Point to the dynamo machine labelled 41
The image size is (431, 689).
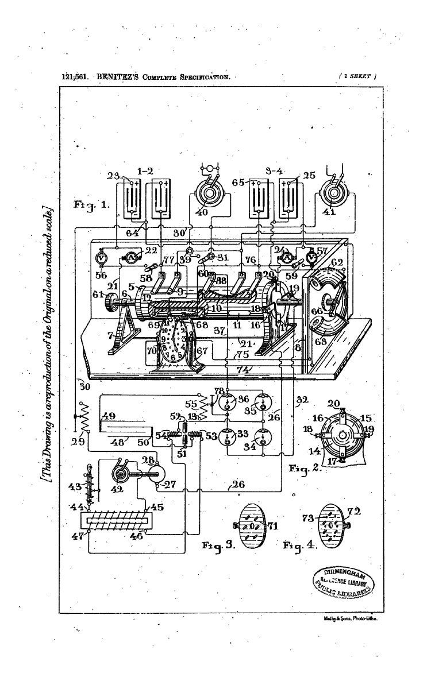tap(334, 193)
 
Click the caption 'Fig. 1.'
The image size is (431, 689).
tap(86, 204)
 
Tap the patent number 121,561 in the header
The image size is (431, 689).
tap(74, 75)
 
